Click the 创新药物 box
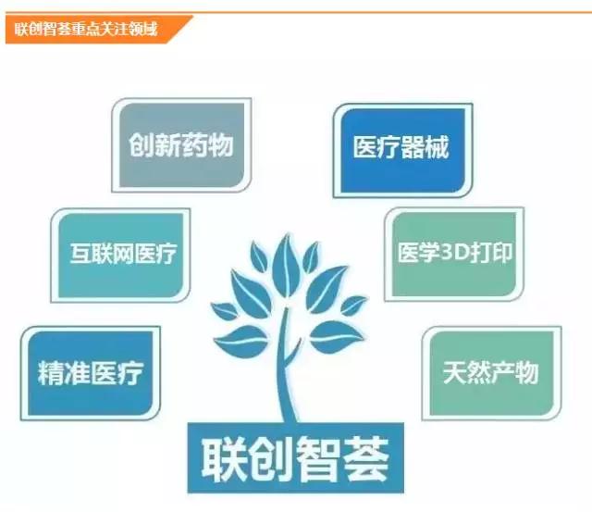[x=181, y=145]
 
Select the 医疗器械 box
[x=403, y=150]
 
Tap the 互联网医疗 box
[x=120, y=255]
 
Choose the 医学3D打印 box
[x=454, y=254]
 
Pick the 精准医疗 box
[x=91, y=373]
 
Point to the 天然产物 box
[x=491, y=373]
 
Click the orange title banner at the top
[x=99, y=30]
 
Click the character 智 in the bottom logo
[x=319, y=459]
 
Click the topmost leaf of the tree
[x=287, y=260]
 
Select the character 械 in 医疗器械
[x=437, y=146]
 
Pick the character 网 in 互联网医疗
[x=123, y=253]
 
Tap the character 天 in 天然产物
[x=454, y=372]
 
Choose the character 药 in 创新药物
[x=194, y=145]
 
